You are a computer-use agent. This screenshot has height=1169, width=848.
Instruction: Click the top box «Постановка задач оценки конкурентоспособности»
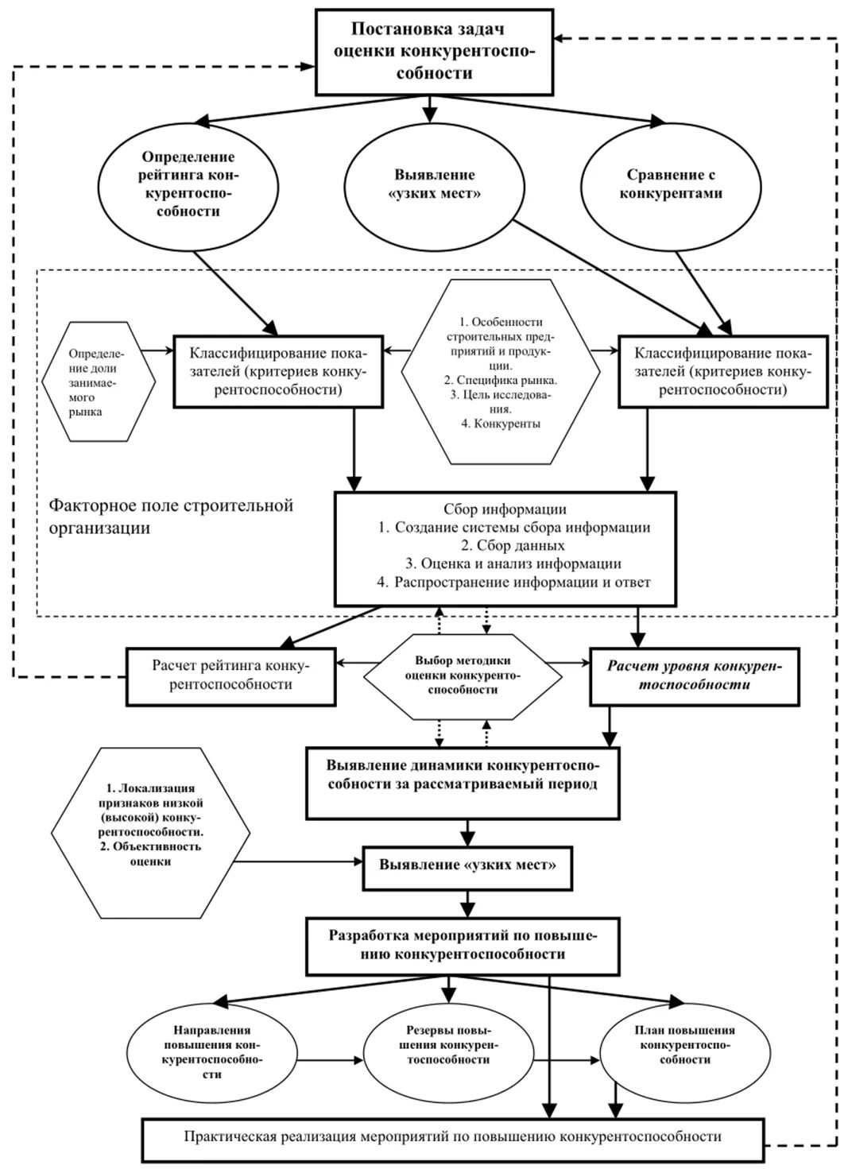(434, 52)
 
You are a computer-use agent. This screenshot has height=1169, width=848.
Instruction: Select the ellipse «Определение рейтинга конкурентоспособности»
(188, 184)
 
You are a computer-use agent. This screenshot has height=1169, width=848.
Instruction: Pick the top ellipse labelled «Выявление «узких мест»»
(434, 184)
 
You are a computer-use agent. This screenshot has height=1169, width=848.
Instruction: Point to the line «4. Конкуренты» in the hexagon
(501, 424)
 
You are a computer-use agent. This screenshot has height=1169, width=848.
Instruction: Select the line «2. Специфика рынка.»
(501, 380)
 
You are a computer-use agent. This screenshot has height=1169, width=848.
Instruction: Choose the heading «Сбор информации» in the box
(505, 509)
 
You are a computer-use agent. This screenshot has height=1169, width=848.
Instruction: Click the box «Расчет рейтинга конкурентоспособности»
(230, 675)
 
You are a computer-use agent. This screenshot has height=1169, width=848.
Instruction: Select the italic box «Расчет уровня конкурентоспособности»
(694, 675)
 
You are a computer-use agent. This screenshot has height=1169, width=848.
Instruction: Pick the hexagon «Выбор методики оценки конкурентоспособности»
(463, 675)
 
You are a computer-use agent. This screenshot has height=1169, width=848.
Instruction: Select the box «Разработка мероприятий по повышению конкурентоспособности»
(462, 945)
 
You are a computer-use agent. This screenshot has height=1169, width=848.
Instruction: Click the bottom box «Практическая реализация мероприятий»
(453, 1136)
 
